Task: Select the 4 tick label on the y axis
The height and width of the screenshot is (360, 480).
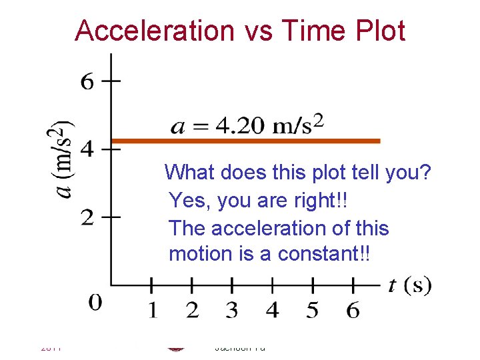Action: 87,149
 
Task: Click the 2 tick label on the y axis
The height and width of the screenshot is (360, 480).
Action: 87,217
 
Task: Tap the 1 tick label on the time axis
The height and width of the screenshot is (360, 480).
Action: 152,310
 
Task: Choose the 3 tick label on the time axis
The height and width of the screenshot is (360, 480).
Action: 231,310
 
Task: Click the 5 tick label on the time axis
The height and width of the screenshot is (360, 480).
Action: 313,310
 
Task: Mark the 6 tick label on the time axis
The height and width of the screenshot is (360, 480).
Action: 353,310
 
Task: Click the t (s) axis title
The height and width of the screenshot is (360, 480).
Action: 409,286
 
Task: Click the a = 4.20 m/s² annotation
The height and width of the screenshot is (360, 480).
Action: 247,125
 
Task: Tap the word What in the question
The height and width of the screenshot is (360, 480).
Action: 189,173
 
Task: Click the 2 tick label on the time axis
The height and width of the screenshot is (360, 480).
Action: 192,310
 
